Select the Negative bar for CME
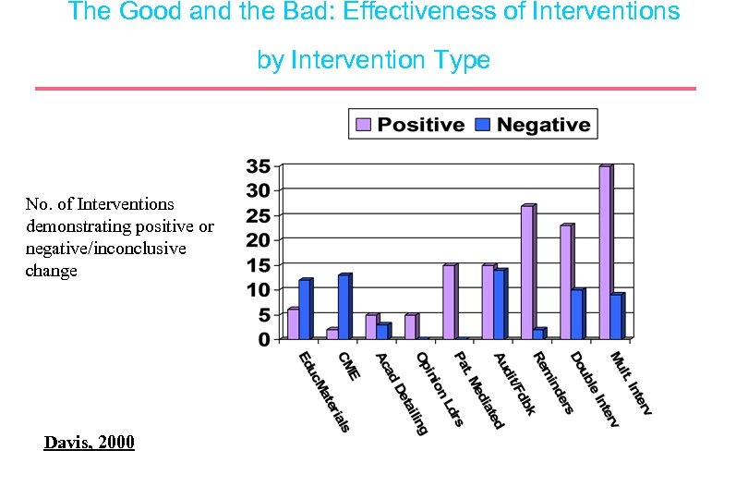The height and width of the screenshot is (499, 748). coord(344,307)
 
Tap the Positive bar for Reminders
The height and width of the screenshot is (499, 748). coord(527,273)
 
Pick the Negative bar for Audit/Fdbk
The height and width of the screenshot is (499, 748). coord(500,304)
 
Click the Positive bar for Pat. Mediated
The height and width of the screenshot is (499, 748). coord(449,302)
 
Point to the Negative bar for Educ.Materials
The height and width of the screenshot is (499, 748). coord(305,310)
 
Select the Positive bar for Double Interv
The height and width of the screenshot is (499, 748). coord(566,282)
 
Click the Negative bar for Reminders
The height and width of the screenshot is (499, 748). coord(538,334)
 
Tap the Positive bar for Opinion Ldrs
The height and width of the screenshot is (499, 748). coord(410,327)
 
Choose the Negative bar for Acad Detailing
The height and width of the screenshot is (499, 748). coord(382,331)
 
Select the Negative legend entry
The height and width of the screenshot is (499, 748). coord(533,125)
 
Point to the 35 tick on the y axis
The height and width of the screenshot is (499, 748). coord(258,166)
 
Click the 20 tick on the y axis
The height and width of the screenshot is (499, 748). coord(258,240)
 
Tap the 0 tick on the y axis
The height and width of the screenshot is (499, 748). coord(264,340)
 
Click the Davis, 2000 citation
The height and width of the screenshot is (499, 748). coord(89,443)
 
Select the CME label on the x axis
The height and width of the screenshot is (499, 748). coord(349,365)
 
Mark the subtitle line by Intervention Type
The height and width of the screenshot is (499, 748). coord(373,60)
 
